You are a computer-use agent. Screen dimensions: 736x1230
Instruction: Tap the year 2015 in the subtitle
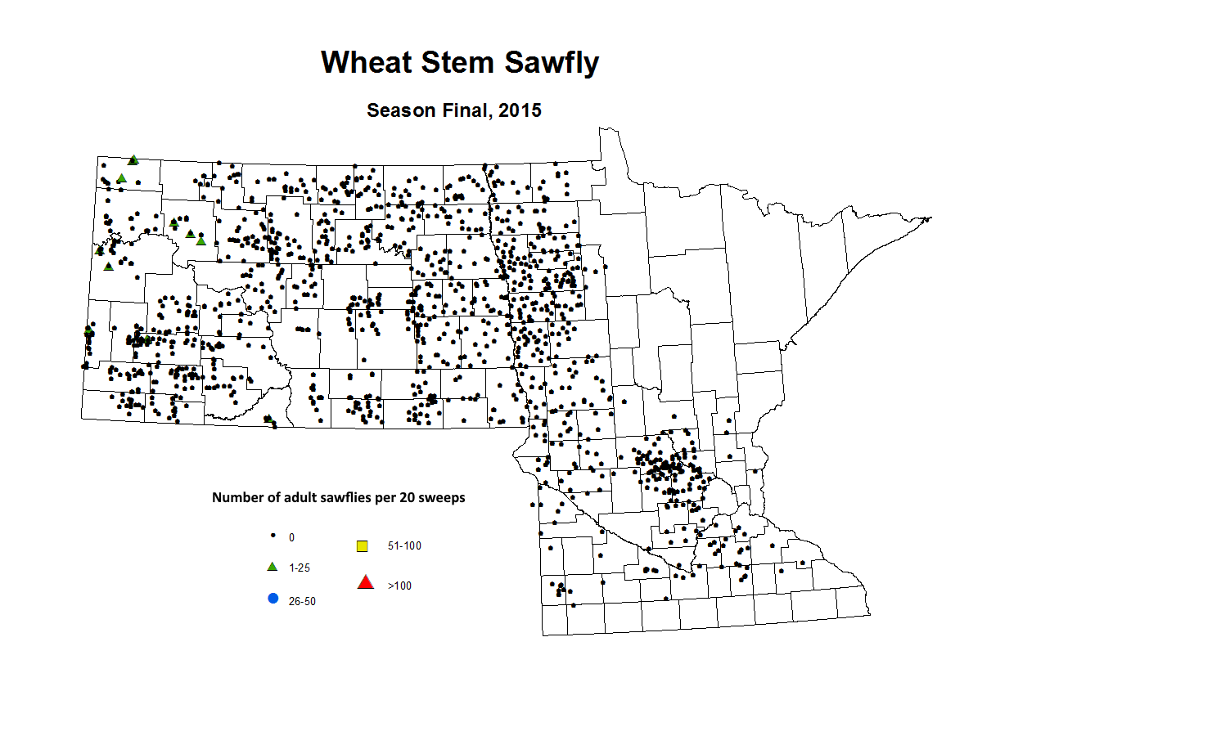(520, 110)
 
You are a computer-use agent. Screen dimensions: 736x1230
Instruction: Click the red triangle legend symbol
(366, 582)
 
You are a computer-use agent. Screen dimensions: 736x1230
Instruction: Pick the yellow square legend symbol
(363, 545)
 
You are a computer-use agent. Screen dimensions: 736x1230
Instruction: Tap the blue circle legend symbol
(273, 599)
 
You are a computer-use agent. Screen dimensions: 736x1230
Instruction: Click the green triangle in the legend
(273, 567)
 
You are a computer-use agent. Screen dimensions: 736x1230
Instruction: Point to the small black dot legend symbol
(273, 536)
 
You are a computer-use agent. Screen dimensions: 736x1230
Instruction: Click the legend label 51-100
(404, 545)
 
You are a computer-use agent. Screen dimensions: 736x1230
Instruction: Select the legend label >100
(399, 586)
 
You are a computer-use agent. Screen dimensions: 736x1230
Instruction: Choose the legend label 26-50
(302, 601)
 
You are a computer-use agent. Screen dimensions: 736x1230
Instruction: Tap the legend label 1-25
(300, 568)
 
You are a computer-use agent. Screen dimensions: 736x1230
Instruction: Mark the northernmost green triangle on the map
(133, 160)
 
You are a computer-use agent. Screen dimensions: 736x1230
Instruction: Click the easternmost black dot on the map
(803, 563)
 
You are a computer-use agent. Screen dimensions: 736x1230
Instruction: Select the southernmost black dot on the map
(573, 605)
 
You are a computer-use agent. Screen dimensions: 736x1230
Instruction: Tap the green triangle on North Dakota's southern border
(268, 419)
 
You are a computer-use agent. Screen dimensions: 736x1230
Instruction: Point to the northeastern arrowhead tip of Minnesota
(930, 218)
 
